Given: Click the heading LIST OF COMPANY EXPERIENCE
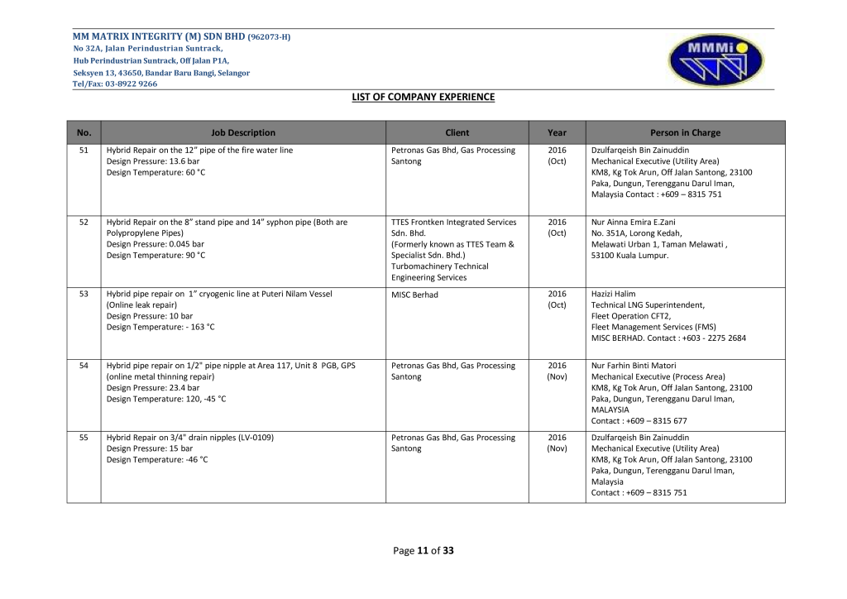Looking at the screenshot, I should (423, 97).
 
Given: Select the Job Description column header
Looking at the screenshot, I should (243, 132).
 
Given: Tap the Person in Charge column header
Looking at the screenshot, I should (685, 132).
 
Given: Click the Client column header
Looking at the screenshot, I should (457, 132).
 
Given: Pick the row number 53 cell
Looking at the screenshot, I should (84, 294).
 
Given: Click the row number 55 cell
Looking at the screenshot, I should (84, 438).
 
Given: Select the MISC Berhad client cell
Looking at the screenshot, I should (414, 294).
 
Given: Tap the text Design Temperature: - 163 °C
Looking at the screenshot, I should (160, 327).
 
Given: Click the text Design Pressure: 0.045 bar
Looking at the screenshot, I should (156, 244).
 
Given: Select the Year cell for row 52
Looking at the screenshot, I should (557, 228).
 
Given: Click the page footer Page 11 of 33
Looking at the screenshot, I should (423, 550).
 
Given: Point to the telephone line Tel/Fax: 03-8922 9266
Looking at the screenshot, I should (115, 84).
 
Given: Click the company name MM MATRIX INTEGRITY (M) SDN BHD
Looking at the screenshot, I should (159, 37).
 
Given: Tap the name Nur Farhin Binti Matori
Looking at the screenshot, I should (634, 366).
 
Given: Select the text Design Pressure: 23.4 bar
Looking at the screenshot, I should (153, 387).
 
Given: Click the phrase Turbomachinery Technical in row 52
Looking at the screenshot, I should (439, 266).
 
